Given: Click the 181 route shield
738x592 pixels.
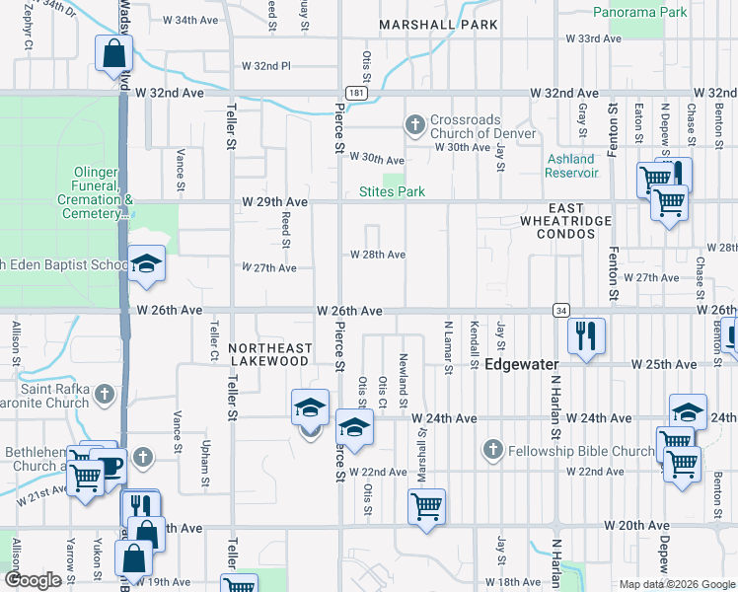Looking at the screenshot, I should [358, 92].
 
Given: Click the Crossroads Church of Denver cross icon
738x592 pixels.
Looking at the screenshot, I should [415, 124].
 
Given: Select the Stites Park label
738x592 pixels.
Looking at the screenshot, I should [392, 191].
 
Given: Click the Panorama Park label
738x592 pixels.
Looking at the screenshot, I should [639, 13].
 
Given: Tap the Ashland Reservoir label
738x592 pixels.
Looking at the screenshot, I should [571, 165].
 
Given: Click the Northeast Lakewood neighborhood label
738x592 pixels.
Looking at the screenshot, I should [269, 355].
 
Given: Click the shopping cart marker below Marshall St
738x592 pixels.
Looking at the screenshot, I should [426, 507].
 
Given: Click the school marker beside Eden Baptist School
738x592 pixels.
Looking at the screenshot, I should [147, 263].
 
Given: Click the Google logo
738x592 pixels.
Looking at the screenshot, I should [33, 580].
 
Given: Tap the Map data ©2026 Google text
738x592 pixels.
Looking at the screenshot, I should [676, 584].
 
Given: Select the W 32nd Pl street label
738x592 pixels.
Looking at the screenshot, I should [266, 66].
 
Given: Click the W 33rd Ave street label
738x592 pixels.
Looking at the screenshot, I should [593, 38].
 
